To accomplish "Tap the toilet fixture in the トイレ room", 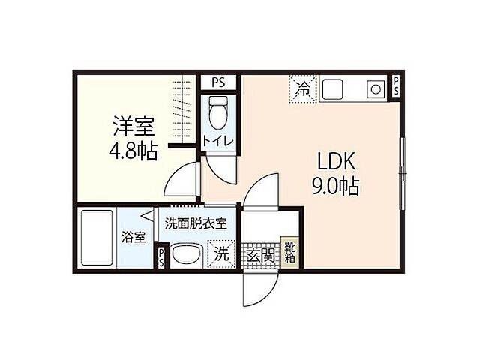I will [217, 112].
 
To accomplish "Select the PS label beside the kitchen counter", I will [397, 86].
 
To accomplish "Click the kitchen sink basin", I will [332, 90].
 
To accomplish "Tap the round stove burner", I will [373, 90].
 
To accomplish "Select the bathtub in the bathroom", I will [96, 238].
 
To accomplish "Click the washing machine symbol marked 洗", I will [222, 253].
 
